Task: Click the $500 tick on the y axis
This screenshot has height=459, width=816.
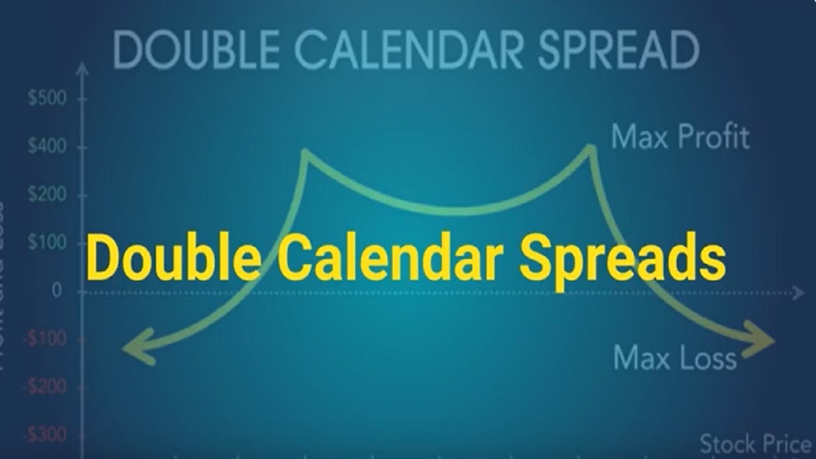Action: click(x=48, y=99)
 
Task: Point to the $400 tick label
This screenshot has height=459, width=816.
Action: click(x=48, y=147)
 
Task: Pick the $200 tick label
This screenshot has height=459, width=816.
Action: click(x=48, y=194)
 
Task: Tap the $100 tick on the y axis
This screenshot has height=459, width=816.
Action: click(x=48, y=242)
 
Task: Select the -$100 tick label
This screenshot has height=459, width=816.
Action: click(x=45, y=339)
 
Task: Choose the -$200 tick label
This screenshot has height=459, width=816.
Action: click(x=45, y=386)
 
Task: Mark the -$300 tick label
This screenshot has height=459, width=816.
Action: click(x=45, y=435)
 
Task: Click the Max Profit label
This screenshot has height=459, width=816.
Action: click(x=680, y=136)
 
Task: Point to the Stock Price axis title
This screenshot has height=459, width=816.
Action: click(x=755, y=443)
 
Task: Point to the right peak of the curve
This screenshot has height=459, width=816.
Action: click(x=591, y=149)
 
